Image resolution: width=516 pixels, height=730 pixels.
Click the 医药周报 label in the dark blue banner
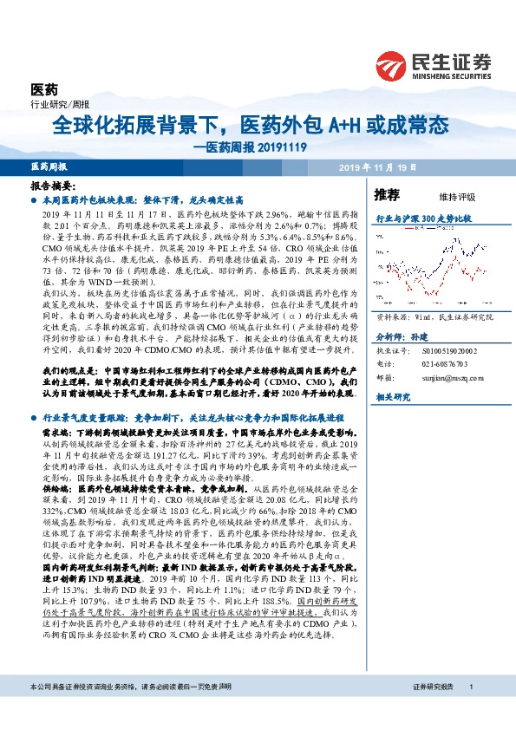pos(49,166)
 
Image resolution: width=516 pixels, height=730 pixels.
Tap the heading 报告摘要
pos(52,186)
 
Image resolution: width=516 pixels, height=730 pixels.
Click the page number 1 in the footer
pos(470,710)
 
